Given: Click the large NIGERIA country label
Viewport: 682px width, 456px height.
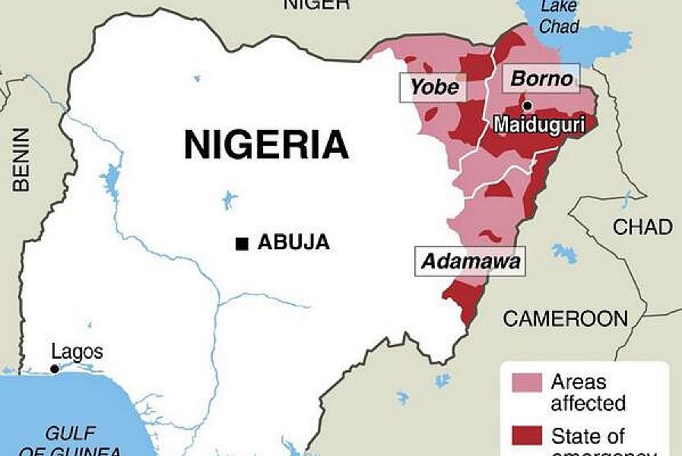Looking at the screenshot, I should coord(266,144).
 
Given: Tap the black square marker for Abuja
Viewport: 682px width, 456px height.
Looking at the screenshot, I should coord(241,243).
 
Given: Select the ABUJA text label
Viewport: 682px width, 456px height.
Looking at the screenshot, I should coord(293,243).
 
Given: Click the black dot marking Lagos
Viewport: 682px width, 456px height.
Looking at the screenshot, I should coord(54,369).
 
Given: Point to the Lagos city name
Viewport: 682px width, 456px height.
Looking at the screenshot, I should coord(77,353).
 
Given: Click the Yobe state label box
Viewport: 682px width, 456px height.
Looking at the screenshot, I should coord(434,87).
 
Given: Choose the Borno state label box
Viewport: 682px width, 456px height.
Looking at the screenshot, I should coord(541,78).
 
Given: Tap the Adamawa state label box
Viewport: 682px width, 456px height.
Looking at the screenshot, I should coord(471,262).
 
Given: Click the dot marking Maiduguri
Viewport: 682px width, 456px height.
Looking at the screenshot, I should coord(527,105).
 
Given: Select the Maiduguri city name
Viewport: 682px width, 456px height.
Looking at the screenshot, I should coord(539,125).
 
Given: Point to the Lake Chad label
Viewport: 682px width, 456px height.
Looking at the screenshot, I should coord(560,17).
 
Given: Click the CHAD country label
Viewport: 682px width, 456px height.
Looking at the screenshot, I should coord(642,226).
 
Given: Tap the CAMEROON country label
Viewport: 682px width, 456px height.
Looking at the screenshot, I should coord(565,318).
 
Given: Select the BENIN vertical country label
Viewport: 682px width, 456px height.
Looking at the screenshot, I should coord(21,159).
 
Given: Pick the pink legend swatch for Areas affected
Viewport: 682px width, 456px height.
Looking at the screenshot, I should coord(522,382).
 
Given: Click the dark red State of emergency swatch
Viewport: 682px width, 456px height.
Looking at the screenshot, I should coord(522,436).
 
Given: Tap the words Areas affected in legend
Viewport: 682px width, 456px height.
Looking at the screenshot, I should coord(588,391).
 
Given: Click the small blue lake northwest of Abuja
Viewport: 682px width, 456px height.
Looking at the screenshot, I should coord(228,201).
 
